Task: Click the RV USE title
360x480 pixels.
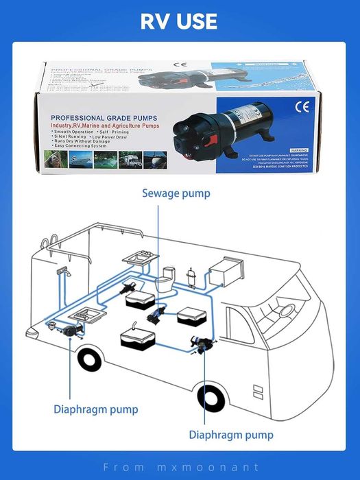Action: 179,21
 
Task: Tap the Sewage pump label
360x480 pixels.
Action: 176,193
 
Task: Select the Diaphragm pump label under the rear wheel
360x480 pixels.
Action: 96,409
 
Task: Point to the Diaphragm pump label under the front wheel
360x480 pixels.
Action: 231,435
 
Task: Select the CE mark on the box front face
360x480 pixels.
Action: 302,107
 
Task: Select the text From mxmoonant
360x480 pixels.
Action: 180,467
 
